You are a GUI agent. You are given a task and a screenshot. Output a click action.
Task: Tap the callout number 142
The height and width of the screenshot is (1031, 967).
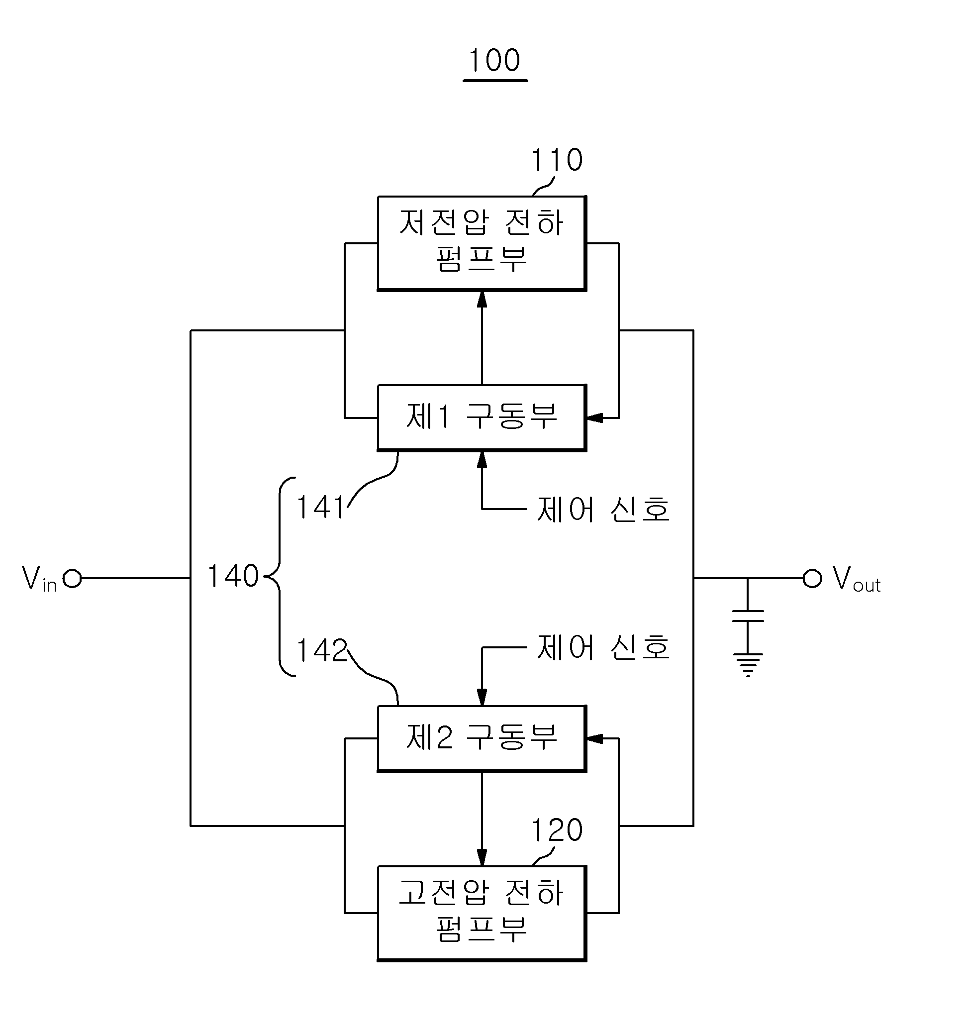321,650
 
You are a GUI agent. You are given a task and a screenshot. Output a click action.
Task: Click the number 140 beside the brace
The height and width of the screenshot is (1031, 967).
233,576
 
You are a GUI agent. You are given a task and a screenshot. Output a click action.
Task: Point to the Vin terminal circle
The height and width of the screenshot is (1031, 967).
72,578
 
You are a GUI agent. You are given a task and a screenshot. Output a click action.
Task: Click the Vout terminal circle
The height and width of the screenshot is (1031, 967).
812,578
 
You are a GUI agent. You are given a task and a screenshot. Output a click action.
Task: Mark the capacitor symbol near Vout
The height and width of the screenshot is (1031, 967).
748,616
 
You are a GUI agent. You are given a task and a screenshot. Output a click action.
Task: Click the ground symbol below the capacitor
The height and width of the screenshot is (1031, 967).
748,665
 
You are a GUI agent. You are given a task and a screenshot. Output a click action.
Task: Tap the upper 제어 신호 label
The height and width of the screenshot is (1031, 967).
603,509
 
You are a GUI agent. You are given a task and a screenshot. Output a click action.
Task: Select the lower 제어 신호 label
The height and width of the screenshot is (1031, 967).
603,648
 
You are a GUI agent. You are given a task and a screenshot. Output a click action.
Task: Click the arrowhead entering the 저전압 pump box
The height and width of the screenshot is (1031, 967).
482,300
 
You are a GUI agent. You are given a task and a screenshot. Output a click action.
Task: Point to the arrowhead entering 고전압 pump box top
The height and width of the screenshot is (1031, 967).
482,857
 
